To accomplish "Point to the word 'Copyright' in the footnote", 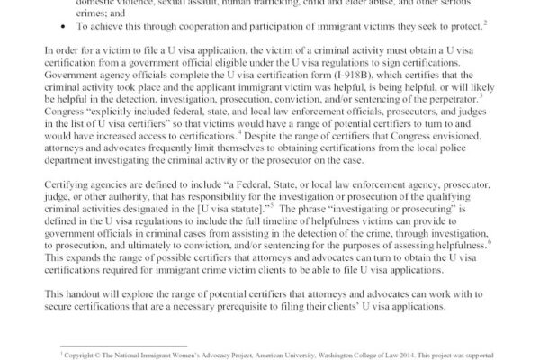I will coord(84,353).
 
